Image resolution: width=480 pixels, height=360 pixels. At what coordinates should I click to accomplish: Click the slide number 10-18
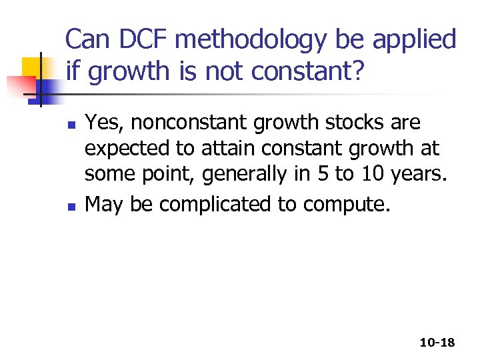point(437,343)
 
